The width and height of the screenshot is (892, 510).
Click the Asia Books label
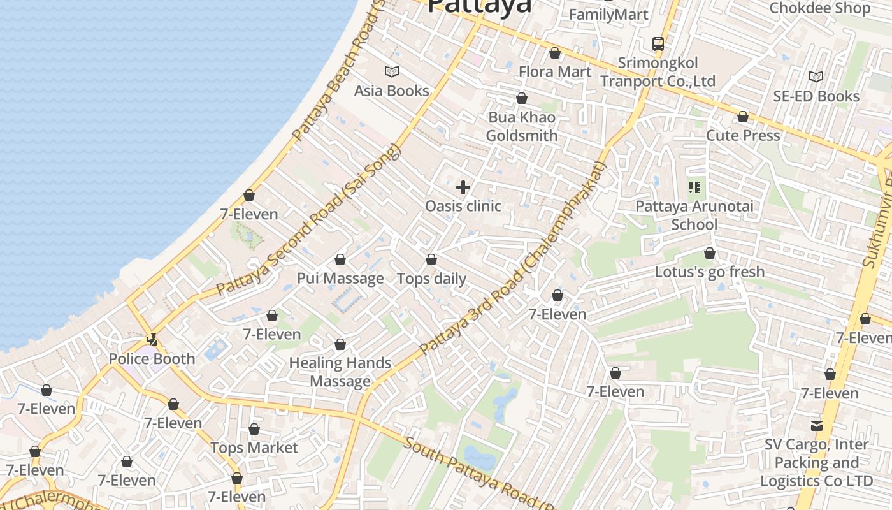391,91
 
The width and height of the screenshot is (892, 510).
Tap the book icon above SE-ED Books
816,76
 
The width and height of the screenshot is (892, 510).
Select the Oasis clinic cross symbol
463,187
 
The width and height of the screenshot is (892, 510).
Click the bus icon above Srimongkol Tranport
658,44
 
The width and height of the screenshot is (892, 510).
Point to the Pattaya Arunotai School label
694,215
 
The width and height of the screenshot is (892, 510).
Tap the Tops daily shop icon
431,259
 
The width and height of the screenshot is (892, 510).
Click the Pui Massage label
340,279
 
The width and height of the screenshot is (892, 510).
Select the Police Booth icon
152,340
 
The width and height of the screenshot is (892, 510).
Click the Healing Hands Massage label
340,372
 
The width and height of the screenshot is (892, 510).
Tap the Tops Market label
254,448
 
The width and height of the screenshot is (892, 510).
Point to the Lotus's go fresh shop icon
709,253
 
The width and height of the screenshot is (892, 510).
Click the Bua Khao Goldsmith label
521,126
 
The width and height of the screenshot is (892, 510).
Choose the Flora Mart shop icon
555,53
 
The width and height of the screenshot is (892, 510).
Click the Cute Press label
742,135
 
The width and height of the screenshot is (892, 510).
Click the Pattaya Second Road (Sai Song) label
309,220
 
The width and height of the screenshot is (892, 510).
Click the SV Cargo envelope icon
816,425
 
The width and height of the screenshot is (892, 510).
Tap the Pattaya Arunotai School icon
694,187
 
